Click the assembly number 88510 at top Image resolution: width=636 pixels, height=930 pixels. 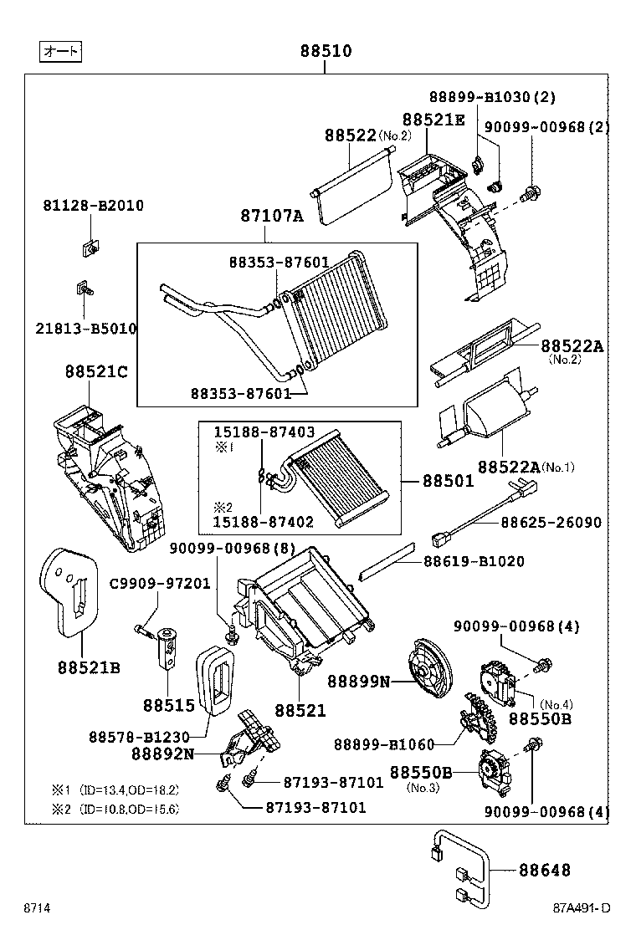(x=326, y=51)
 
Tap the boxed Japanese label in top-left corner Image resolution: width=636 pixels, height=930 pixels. (x=60, y=52)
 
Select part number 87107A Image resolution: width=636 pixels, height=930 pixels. (x=271, y=217)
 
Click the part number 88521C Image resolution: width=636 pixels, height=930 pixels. (x=96, y=371)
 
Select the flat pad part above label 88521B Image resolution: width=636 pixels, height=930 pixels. (x=70, y=590)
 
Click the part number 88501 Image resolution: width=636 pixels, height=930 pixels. (x=448, y=481)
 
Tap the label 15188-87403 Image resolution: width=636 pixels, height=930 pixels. (x=264, y=432)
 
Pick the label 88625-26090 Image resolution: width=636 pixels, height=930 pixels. (x=551, y=523)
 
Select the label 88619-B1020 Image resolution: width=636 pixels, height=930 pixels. (x=473, y=561)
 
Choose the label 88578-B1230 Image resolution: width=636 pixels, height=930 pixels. (x=139, y=736)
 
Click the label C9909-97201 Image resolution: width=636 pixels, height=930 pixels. (x=160, y=584)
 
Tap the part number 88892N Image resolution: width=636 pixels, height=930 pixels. (x=162, y=753)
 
